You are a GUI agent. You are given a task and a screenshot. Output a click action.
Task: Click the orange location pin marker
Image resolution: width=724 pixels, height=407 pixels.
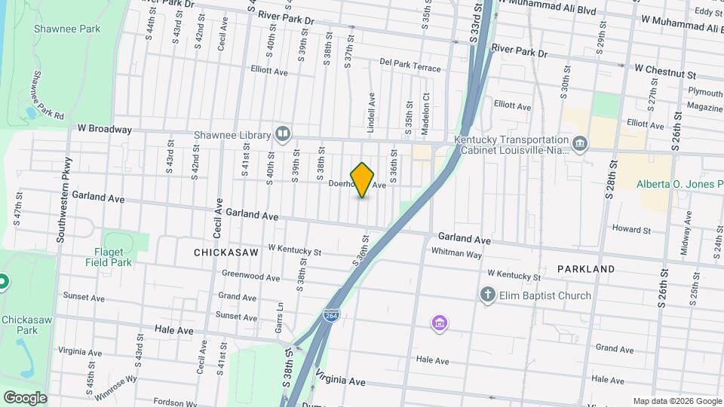click(362, 179)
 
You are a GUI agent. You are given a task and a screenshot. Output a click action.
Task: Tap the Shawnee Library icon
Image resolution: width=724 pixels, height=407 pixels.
click(283, 134)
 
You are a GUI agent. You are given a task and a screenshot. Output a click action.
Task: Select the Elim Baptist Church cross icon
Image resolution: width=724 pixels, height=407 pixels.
click(488, 295)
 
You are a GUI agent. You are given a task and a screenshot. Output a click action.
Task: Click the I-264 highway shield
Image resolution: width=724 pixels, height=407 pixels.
click(330, 314)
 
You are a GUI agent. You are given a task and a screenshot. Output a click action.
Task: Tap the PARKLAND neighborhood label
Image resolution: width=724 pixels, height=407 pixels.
click(586, 269)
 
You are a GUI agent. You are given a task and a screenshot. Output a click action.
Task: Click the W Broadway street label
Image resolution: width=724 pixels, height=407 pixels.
click(100, 129)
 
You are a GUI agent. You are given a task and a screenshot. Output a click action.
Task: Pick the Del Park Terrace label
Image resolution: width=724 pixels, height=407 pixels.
click(410, 65)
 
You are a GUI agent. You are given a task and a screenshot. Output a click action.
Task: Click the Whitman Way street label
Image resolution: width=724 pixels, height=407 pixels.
click(456, 255)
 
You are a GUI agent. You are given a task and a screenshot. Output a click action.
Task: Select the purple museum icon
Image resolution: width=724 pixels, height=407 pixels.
click(440, 324)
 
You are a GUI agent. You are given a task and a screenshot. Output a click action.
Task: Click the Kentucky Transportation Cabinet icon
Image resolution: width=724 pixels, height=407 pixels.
click(579, 143)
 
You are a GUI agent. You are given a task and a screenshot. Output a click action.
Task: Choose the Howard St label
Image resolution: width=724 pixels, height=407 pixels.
click(631, 229)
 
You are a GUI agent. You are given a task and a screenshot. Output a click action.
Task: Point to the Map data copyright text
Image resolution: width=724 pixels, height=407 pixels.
click(677, 401)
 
